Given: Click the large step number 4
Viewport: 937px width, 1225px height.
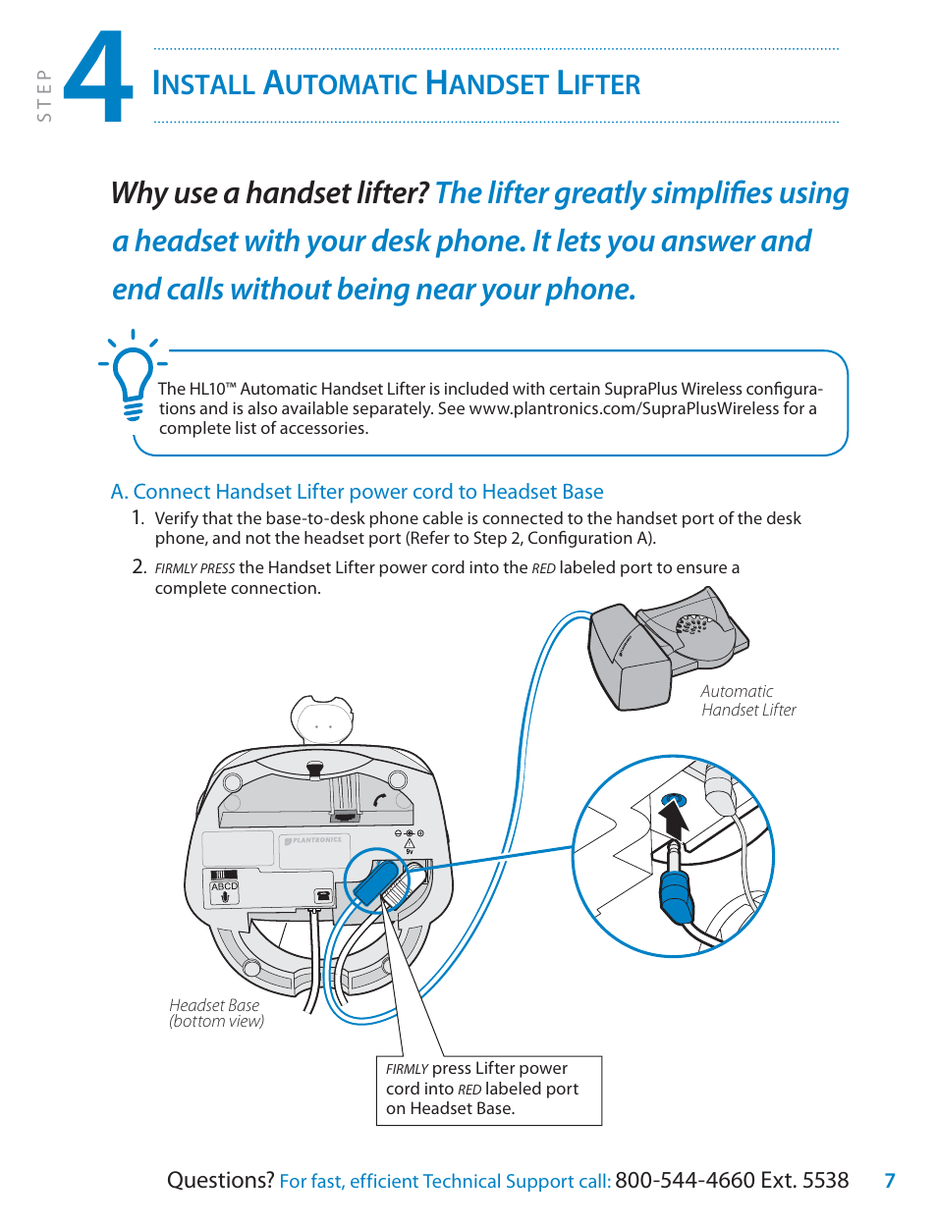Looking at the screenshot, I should click(98, 79).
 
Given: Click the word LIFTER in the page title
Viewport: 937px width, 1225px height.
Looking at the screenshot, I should click(598, 84).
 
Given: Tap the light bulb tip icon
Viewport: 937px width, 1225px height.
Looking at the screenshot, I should click(133, 378).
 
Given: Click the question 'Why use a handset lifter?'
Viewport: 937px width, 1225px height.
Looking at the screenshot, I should click(269, 193).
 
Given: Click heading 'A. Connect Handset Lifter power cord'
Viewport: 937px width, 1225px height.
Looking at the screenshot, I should click(357, 492).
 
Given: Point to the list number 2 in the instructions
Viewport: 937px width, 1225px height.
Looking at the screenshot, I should click(138, 566).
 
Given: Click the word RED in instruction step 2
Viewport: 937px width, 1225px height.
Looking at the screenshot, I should click(543, 568).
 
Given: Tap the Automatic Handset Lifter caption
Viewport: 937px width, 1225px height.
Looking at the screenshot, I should click(747, 701).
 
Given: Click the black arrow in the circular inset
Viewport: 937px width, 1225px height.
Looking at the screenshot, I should click(673, 820).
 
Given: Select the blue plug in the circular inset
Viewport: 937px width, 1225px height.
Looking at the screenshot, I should click(676, 895).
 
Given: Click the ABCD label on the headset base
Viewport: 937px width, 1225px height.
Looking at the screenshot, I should click(225, 886).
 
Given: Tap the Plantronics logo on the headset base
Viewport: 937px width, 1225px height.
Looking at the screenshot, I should click(314, 841).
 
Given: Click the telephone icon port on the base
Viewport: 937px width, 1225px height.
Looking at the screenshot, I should click(322, 895).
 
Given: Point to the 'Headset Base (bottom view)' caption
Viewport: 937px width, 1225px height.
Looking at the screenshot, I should click(216, 1013).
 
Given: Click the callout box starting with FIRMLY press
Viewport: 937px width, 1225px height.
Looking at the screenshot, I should click(488, 1090).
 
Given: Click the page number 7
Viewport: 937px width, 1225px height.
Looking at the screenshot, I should click(890, 1181).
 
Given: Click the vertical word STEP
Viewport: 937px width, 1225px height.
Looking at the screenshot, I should click(44, 95).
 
